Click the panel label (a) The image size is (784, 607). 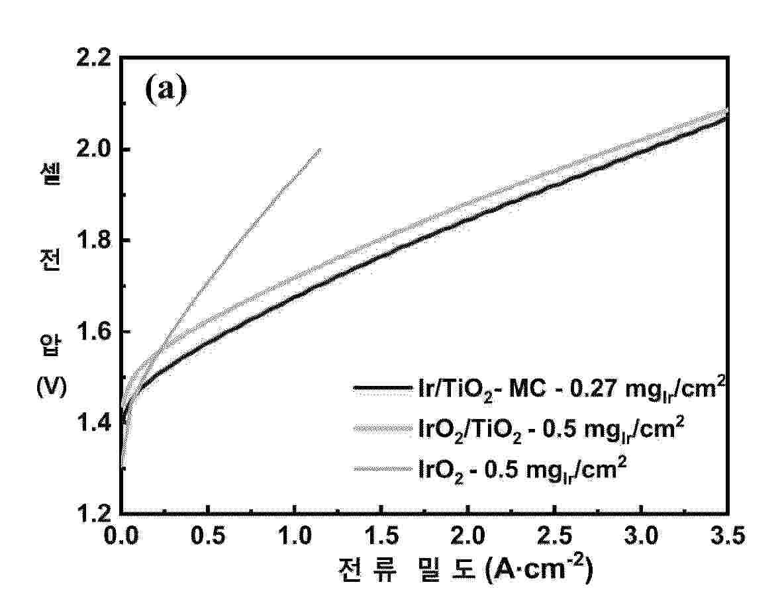click(x=166, y=89)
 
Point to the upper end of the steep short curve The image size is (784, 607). click(x=320, y=149)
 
